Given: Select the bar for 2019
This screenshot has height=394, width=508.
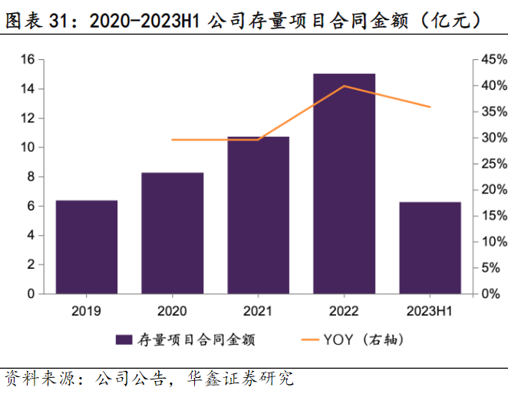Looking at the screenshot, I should (87, 247).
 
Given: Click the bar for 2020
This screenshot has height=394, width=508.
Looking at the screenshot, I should (173, 233).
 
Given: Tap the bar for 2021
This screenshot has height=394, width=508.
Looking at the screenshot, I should (259, 215).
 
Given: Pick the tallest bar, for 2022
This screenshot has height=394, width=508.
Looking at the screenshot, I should (345, 184).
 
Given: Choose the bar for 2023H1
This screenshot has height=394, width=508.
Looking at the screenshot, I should (430, 248).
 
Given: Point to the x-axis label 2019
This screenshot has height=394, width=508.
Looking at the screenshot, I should (87, 311).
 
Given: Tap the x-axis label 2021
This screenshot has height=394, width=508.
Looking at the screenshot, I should (259, 311).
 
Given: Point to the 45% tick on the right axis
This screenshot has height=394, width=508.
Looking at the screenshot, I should (490, 59).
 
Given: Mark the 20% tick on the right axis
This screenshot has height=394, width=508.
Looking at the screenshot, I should (490, 190).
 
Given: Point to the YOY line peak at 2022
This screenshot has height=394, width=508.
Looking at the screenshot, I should (345, 86).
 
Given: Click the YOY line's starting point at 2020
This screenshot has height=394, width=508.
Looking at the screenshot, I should (173, 140).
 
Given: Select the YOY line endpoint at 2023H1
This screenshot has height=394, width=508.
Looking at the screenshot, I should (430, 107).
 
